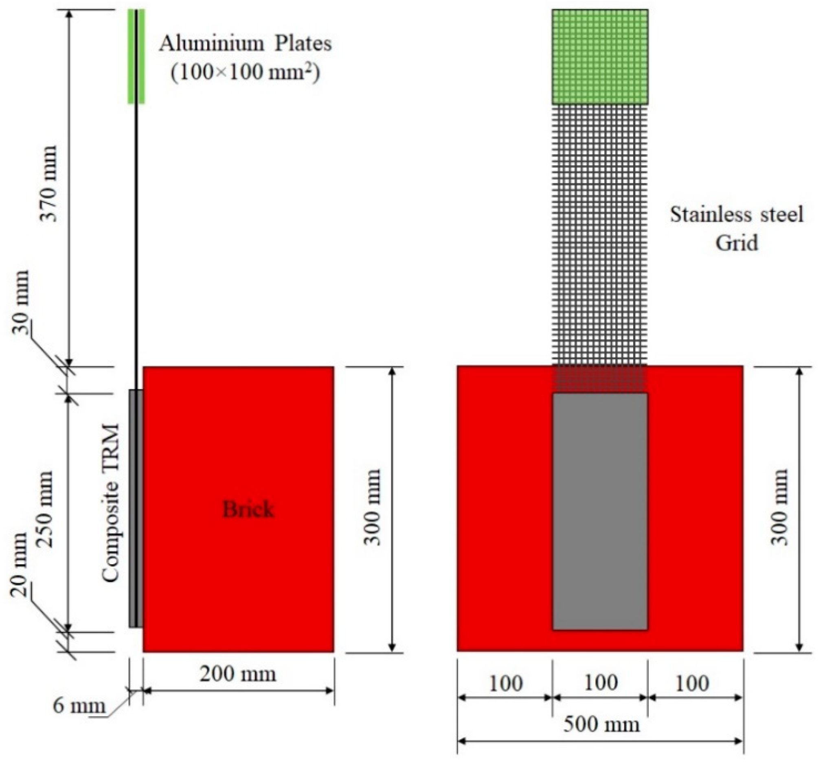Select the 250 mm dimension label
pyautogui.click(x=45, y=509)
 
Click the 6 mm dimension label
pyautogui.click(x=79, y=706)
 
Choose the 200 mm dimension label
pyautogui.click(x=238, y=674)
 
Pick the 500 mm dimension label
pyautogui.click(x=601, y=724)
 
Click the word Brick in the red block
pyautogui.click(x=248, y=509)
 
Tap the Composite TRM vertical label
pyautogui.click(x=111, y=503)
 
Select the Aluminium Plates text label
pyautogui.click(x=245, y=44)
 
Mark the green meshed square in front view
pyautogui.click(x=600, y=57)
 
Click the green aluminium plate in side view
pyautogui.click(x=136, y=57)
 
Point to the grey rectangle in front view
pyautogui.click(x=600, y=511)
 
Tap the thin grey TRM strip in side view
pyautogui.click(x=132, y=509)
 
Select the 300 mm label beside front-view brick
pyautogui.click(x=779, y=507)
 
